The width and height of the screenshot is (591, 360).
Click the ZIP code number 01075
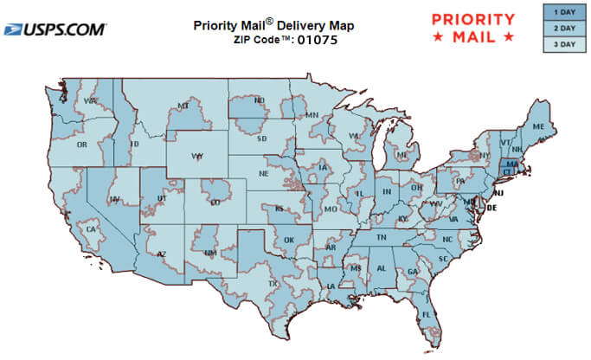tap(317, 40)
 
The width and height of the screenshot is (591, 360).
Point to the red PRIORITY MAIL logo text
tap(472, 28)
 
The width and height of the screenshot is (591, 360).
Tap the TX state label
tap(273, 283)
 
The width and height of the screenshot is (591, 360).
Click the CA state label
tap(89, 229)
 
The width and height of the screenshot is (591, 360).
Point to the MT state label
tap(183, 106)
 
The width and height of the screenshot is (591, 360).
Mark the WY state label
tap(197, 157)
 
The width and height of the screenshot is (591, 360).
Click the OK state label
tap(288, 240)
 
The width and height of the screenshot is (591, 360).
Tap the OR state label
tap(82, 145)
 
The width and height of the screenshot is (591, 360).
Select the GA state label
tap(412, 271)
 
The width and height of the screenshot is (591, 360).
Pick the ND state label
tap(259, 100)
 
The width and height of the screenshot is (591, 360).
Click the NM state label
tap(209, 254)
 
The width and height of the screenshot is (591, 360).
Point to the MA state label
tap(512, 164)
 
